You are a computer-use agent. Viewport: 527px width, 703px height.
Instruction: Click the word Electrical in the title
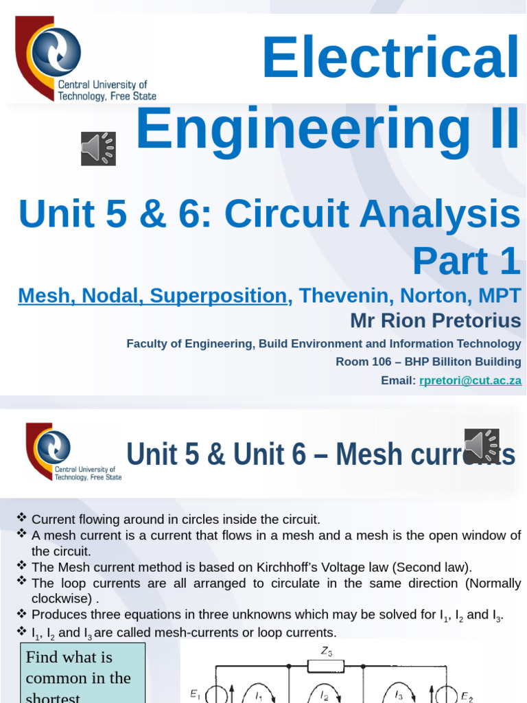[x=390, y=58]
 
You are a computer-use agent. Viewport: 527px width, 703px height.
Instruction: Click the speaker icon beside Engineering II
[x=98, y=148]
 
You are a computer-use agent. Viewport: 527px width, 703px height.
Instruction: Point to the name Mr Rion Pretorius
[x=435, y=320]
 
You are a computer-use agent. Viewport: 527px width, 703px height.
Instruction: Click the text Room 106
[x=360, y=362]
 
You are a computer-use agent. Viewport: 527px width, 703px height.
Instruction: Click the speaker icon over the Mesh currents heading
[x=482, y=446]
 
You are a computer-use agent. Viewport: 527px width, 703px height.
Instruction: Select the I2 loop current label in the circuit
[x=325, y=695]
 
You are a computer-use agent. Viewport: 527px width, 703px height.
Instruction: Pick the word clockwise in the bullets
[x=58, y=599]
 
